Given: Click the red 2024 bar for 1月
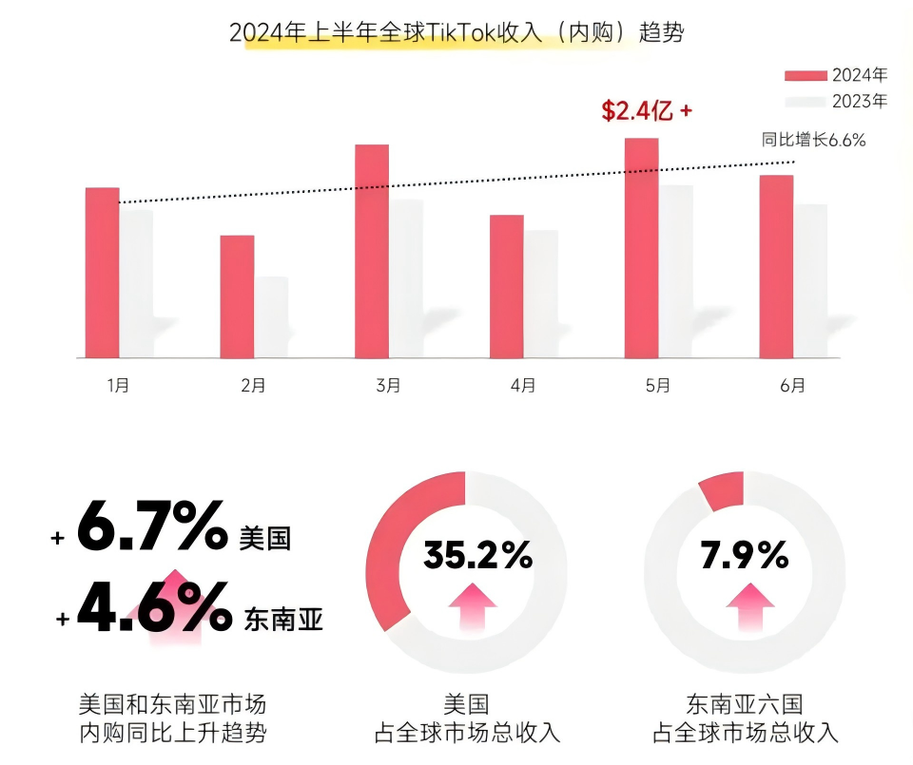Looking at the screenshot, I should coord(102,273).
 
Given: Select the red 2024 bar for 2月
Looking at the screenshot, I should coord(237,296).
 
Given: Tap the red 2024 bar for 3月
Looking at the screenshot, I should coord(372,251).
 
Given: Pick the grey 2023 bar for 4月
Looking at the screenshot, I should coord(540,294).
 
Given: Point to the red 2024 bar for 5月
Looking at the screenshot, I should coord(641,248).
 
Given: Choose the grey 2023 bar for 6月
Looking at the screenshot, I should coord(810,280).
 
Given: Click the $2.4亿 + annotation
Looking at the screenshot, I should coord(646,111).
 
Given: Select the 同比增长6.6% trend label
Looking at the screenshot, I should coord(813,140).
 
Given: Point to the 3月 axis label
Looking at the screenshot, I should coord(388,385).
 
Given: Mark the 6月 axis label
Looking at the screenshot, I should coord(792,385).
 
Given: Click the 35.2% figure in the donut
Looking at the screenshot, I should coord(477,555).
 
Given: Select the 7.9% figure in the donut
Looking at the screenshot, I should coord(745,555).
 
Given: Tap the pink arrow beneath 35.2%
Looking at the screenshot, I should coord(472,606).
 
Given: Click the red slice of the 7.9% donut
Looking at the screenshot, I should coord(723,491).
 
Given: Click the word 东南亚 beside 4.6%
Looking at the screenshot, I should coord(283,621).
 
